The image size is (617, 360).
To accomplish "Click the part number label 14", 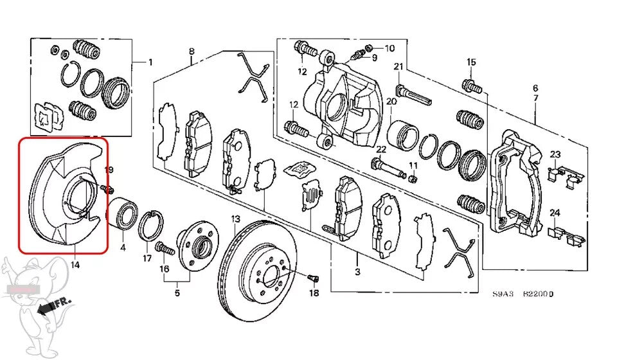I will pyautogui.click(x=75, y=264).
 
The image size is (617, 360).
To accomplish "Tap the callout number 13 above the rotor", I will pyautogui.click(x=235, y=219).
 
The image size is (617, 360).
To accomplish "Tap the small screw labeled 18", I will pyautogui.click(x=313, y=278).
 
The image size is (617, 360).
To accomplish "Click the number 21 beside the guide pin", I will pyautogui.click(x=398, y=66).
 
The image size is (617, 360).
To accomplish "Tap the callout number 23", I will pyautogui.click(x=555, y=154).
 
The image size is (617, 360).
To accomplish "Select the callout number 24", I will pyautogui.click(x=555, y=213).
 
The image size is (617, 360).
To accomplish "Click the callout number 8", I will pyautogui.click(x=192, y=51).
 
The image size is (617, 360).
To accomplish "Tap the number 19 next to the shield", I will pyautogui.click(x=109, y=170).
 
